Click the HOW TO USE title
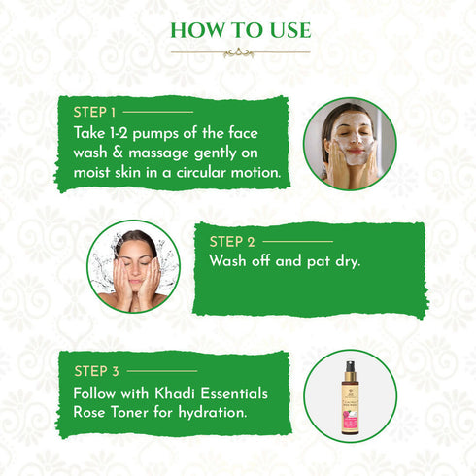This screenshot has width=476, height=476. pyautogui.click(x=238, y=28)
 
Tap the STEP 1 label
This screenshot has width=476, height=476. pyautogui.click(x=94, y=113)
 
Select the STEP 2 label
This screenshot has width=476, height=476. pyautogui.click(x=234, y=241)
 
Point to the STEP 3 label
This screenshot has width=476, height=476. pyautogui.click(x=95, y=370)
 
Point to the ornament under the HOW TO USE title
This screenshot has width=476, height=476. pyautogui.click(x=238, y=52)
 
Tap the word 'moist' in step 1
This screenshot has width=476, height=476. pyautogui.click(x=95, y=172)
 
